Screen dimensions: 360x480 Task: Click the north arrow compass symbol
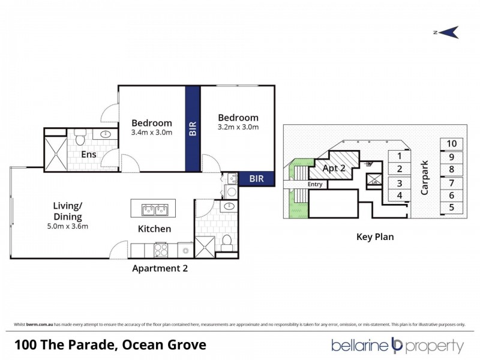pos(447,32)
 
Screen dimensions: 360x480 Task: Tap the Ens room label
pos(89,154)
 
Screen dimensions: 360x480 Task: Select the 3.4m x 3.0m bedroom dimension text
pos(152,133)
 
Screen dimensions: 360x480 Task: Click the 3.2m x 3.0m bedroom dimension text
pos(238,127)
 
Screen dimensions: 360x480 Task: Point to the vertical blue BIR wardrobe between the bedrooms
pos(193,128)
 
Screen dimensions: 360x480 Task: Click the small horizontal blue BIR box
pos(256,178)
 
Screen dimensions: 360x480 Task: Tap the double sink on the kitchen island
pos(154,209)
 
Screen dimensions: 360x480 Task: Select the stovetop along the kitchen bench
pos(161,250)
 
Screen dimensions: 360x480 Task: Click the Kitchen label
pos(155,229)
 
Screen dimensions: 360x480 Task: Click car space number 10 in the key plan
pos(452,143)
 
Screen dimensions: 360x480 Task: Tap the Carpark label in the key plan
pos(425,178)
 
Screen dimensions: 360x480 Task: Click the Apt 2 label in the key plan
pos(334,168)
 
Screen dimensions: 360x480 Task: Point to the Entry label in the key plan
pos(314,185)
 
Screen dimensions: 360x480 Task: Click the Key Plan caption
pos(375,236)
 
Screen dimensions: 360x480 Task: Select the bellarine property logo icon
pos(396,346)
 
